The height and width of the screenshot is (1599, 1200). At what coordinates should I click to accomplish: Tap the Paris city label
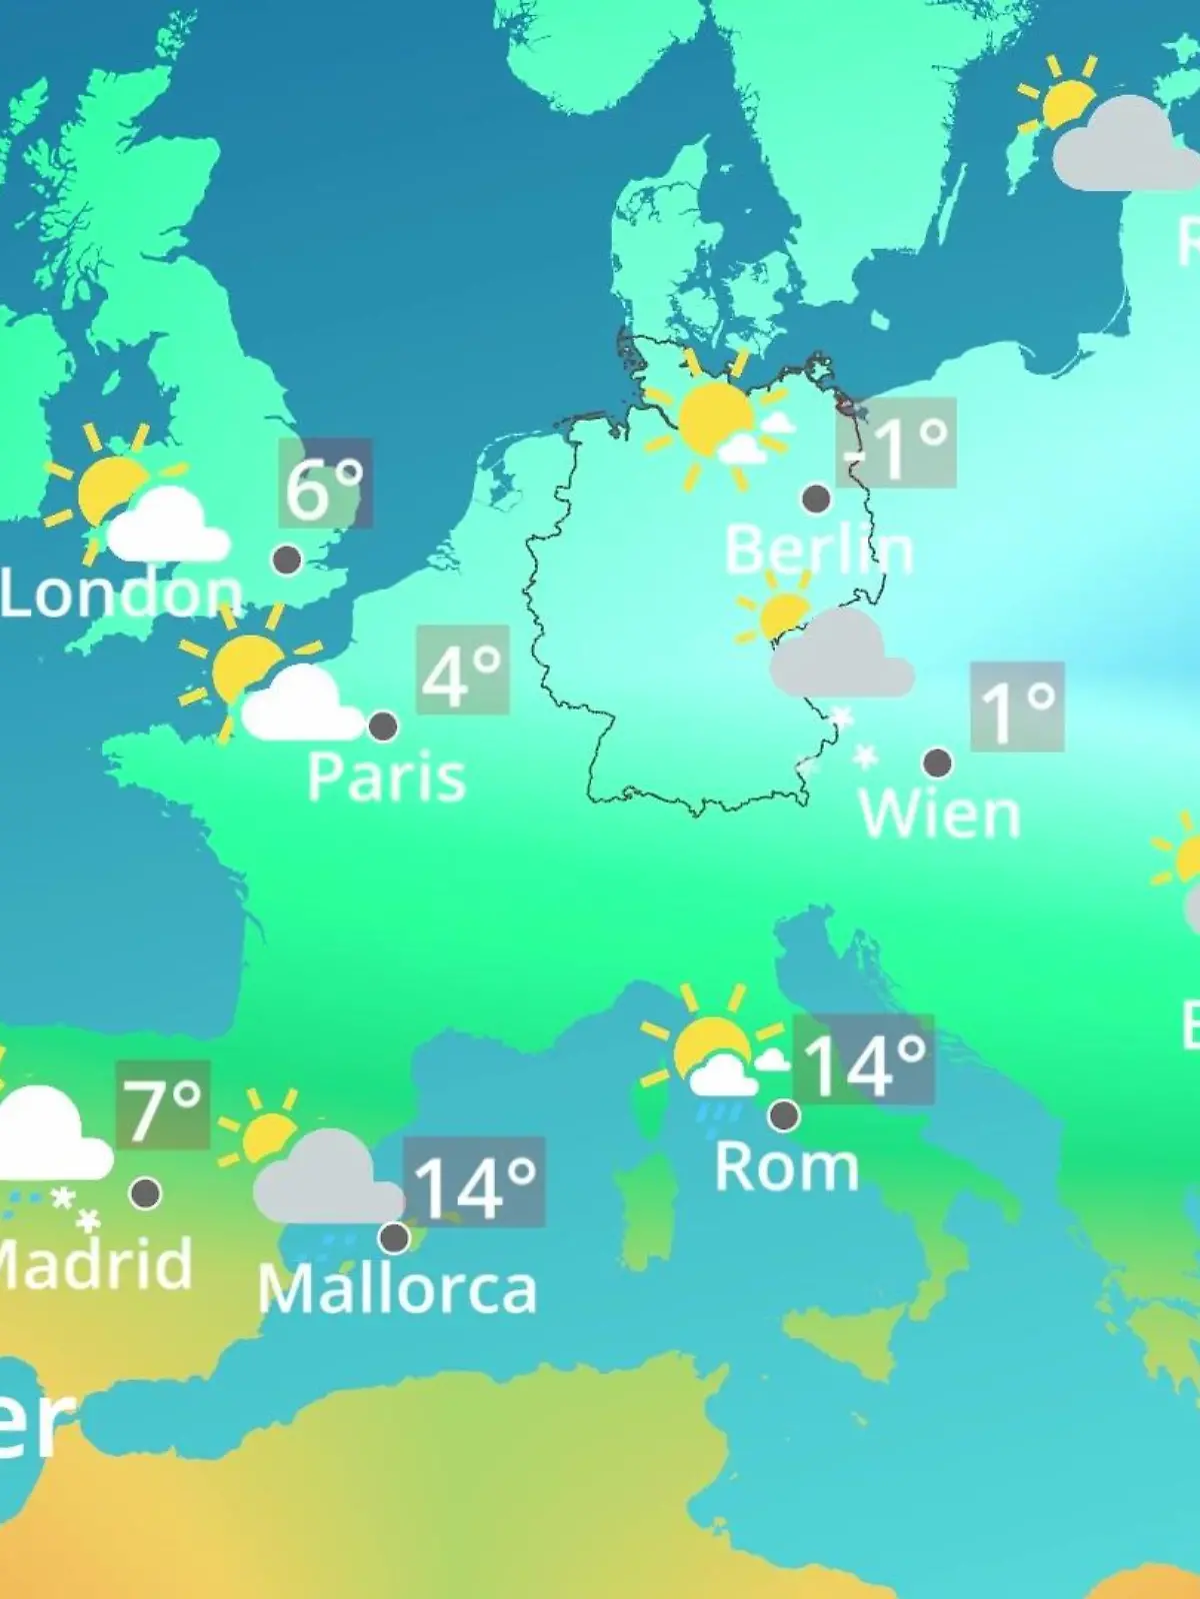coord(386,778)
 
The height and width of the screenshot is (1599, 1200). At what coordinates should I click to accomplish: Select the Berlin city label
coord(818,550)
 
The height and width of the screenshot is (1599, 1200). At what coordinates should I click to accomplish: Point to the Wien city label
coord(939,814)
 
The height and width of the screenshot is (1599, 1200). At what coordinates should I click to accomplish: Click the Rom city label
coord(786,1167)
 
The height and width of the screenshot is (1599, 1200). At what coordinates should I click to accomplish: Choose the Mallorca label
coord(397,1289)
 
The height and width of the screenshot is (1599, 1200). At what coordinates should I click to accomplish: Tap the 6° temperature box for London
coord(325,484)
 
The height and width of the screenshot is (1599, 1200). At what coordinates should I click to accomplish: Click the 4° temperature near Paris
coord(462,671)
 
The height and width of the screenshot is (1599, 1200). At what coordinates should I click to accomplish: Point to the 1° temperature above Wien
coord(1016,707)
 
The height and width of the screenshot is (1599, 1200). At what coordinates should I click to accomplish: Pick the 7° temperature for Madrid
coord(163,1105)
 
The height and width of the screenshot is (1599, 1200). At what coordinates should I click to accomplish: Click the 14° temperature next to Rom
coord(864,1060)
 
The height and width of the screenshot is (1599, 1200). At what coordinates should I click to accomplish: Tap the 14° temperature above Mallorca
coord(475,1182)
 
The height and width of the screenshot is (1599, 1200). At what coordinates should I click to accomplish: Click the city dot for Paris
coord(383,727)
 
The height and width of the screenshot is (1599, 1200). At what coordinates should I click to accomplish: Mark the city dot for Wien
coord(937,764)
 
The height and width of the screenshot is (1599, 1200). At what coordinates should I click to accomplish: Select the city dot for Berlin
coord(816,498)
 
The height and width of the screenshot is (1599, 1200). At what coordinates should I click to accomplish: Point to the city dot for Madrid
coord(146,1192)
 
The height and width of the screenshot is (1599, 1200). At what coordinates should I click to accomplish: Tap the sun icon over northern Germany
coord(713,418)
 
